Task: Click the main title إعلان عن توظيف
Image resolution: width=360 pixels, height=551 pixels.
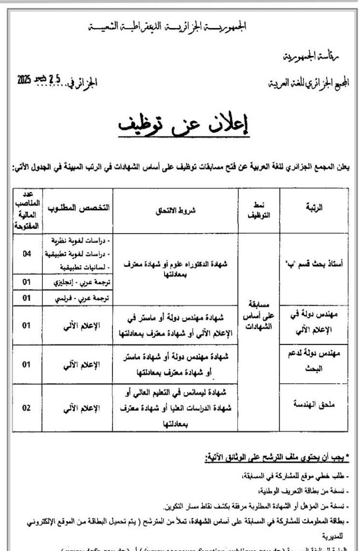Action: tap(180, 124)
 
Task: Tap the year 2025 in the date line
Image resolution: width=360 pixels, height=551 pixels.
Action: tap(25, 81)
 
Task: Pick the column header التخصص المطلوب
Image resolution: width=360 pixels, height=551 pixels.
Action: tap(79, 208)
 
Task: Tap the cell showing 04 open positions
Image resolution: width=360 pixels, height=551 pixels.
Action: tap(26, 253)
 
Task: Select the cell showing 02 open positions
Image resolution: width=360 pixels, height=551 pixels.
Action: tap(26, 407)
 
